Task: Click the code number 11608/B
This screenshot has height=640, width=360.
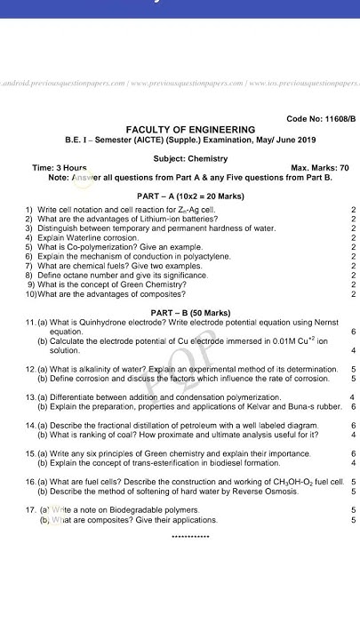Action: click(x=320, y=118)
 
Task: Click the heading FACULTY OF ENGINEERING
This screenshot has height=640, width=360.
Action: click(x=190, y=130)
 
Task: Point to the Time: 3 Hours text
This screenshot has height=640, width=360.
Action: click(x=60, y=168)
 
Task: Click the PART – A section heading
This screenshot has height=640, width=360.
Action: click(x=157, y=196)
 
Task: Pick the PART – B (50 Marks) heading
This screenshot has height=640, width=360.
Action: click(x=190, y=313)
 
